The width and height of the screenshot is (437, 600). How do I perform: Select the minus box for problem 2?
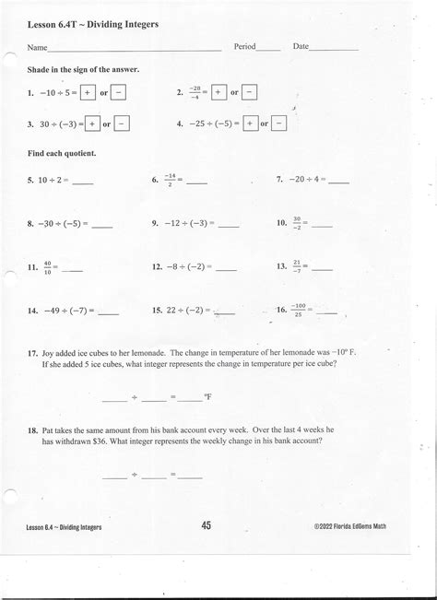pos(252,92)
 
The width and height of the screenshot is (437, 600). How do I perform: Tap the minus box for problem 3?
pos(124,123)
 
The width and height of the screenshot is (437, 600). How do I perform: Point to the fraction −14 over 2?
pos(169,180)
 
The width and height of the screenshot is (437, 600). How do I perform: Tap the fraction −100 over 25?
pos(300,312)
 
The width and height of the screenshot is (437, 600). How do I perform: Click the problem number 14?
pos(32,312)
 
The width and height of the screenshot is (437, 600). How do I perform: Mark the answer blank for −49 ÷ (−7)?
pos(108,314)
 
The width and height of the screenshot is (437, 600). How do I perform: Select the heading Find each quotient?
pos(63,152)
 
